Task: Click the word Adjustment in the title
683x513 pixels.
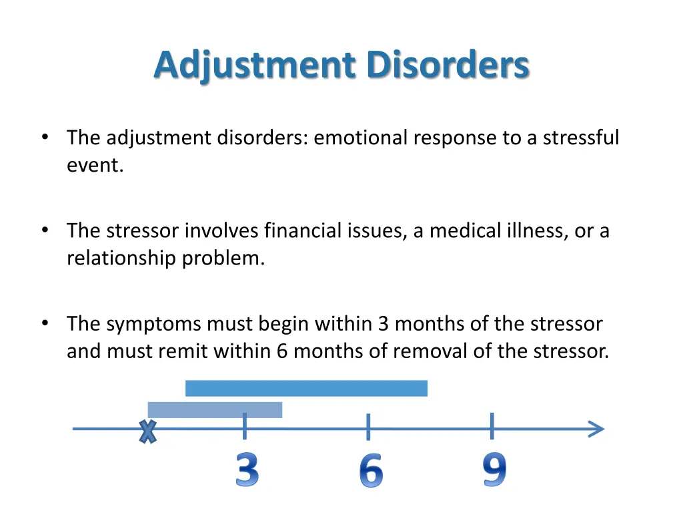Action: tap(254, 66)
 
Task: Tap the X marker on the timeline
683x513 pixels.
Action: tap(147, 432)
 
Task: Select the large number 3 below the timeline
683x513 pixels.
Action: tap(247, 470)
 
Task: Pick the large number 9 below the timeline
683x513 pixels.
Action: tap(494, 470)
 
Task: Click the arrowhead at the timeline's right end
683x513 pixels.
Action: tap(596, 429)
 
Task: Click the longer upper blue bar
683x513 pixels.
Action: tap(306, 388)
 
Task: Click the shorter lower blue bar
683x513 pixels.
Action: tap(215, 409)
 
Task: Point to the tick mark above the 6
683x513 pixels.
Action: tap(368, 426)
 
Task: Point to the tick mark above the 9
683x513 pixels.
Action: tap(492, 426)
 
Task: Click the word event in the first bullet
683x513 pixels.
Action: tap(93, 166)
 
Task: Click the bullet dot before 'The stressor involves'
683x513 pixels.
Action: tap(45, 230)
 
